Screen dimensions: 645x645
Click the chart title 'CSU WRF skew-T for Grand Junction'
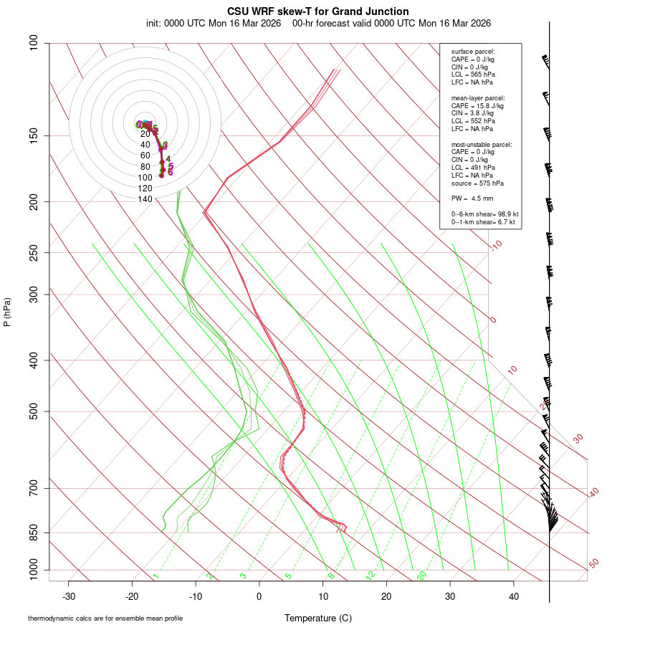[x=318, y=11]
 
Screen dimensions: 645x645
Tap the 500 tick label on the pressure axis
[x=34, y=411]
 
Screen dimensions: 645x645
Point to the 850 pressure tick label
[x=34, y=532]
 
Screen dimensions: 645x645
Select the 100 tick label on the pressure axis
[x=34, y=43]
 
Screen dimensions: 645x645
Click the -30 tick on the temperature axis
[x=69, y=596]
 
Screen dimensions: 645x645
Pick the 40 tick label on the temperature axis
[x=513, y=596]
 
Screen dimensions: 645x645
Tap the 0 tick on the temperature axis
[x=259, y=596]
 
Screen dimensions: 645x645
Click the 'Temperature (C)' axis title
[x=318, y=618]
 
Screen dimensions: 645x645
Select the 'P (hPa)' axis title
[x=7, y=312]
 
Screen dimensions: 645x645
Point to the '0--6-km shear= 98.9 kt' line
[x=484, y=214]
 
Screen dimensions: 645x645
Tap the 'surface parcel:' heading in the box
[x=473, y=52]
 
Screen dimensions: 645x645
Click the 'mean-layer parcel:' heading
[x=478, y=98]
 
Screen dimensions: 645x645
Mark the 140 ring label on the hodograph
[x=145, y=199]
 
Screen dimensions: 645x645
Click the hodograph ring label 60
[x=145, y=156]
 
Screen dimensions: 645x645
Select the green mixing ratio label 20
[x=421, y=575]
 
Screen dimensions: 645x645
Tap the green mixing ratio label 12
[x=371, y=575]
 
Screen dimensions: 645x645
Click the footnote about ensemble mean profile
[x=105, y=618]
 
